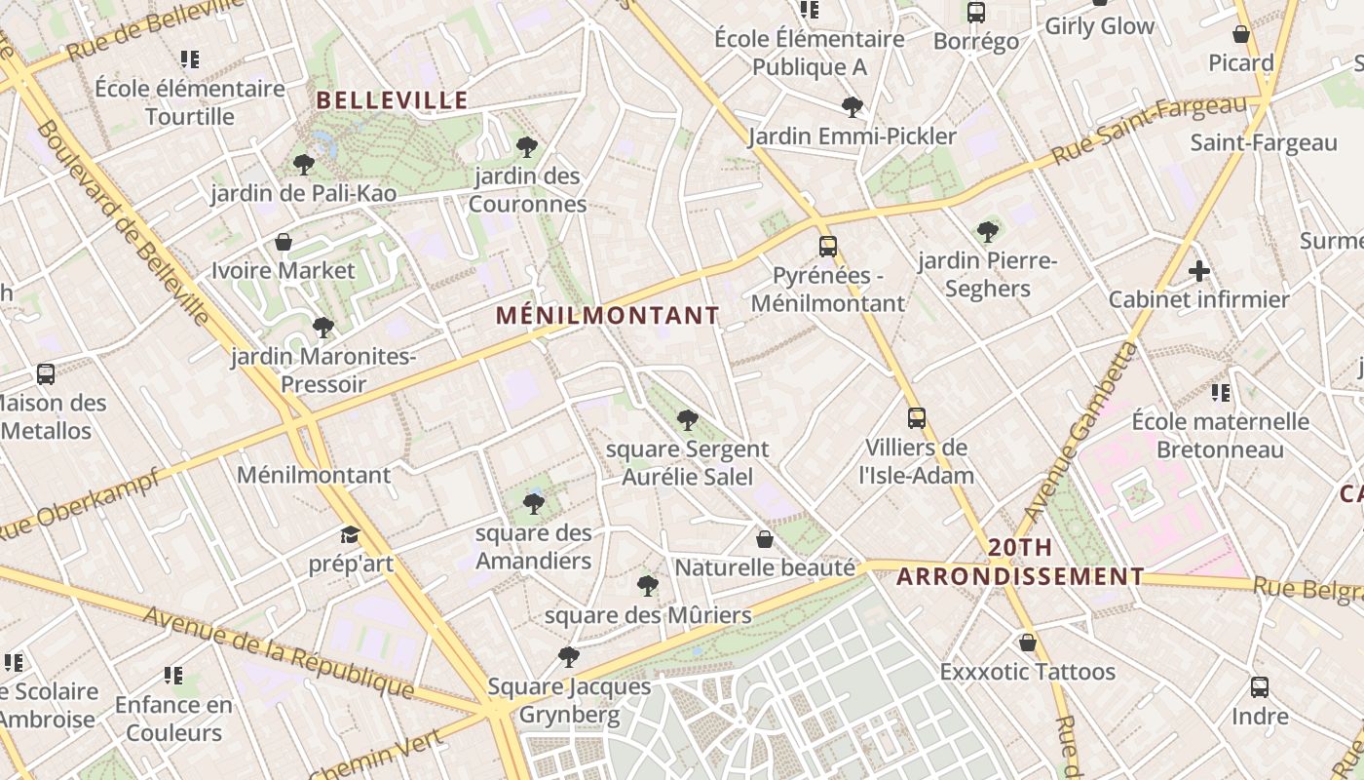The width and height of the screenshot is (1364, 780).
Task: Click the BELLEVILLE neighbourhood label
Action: pyautogui.click(x=393, y=99)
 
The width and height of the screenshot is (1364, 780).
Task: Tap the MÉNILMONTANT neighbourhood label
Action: pyautogui.click(x=607, y=315)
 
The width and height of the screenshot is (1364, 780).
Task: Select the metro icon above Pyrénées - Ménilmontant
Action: pyautogui.click(x=828, y=246)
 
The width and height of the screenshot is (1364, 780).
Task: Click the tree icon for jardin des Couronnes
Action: pyautogui.click(x=527, y=147)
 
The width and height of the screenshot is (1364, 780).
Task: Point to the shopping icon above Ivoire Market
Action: pyautogui.click(x=284, y=241)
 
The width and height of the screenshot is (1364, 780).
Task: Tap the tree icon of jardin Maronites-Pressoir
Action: pyautogui.click(x=323, y=327)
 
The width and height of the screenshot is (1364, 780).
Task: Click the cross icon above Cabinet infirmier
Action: pyautogui.click(x=1199, y=270)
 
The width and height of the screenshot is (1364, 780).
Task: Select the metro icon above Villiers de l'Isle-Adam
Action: pyautogui.click(x=917, y=418)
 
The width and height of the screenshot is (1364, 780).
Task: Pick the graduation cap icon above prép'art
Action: pyautogui.click(x=350, y=534)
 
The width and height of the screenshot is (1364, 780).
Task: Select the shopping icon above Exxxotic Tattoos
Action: pyautogui.click(x=1028, y=643)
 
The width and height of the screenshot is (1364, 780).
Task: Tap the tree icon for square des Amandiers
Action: pyautogui.click(x=533, y=503)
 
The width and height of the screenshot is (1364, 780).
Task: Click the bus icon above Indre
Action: pyautogui.click(x=1260, y=686)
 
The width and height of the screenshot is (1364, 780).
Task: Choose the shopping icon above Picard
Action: pyautogui.click(x=1241, y=34)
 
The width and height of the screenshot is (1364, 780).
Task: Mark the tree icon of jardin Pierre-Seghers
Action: pyautogui.click(x=988, y=231)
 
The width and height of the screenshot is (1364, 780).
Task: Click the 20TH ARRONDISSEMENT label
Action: pyautogui.click(x=1020, y=562)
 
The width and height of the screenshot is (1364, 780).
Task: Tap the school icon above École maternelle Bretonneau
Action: pyautogui.click(x=1220, y=393)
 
